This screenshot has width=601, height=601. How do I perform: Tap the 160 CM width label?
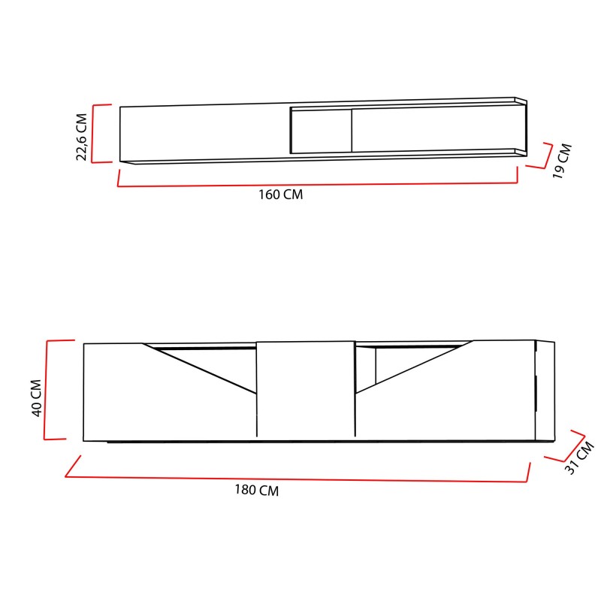(x=280, y=195)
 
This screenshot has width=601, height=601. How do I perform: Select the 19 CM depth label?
(x=562, y=160)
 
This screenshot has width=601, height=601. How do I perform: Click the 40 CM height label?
(x=36, y=399)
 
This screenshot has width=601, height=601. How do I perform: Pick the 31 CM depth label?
(x=579, y=458)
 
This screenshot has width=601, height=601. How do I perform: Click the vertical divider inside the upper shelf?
(x=351, y=131)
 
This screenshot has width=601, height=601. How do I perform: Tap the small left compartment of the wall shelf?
(x=321, y=131)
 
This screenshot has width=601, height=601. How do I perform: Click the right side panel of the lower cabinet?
(x=544, y=391)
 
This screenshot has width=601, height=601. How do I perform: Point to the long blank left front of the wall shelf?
(x=203, y=134)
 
